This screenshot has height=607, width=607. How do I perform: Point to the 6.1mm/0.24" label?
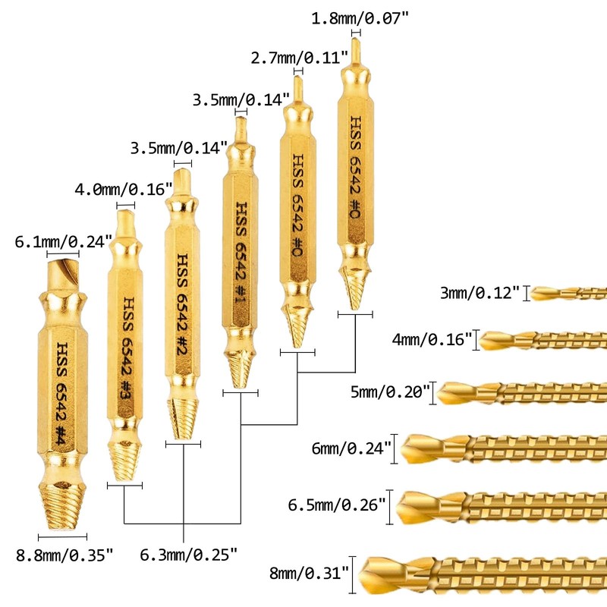pyautogui.click(x=64, y=242)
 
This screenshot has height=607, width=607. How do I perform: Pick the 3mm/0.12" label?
pyautogui.click(x=480, y=293)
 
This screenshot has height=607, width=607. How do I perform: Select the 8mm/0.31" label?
pyautogui.click(x=311, y=572)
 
